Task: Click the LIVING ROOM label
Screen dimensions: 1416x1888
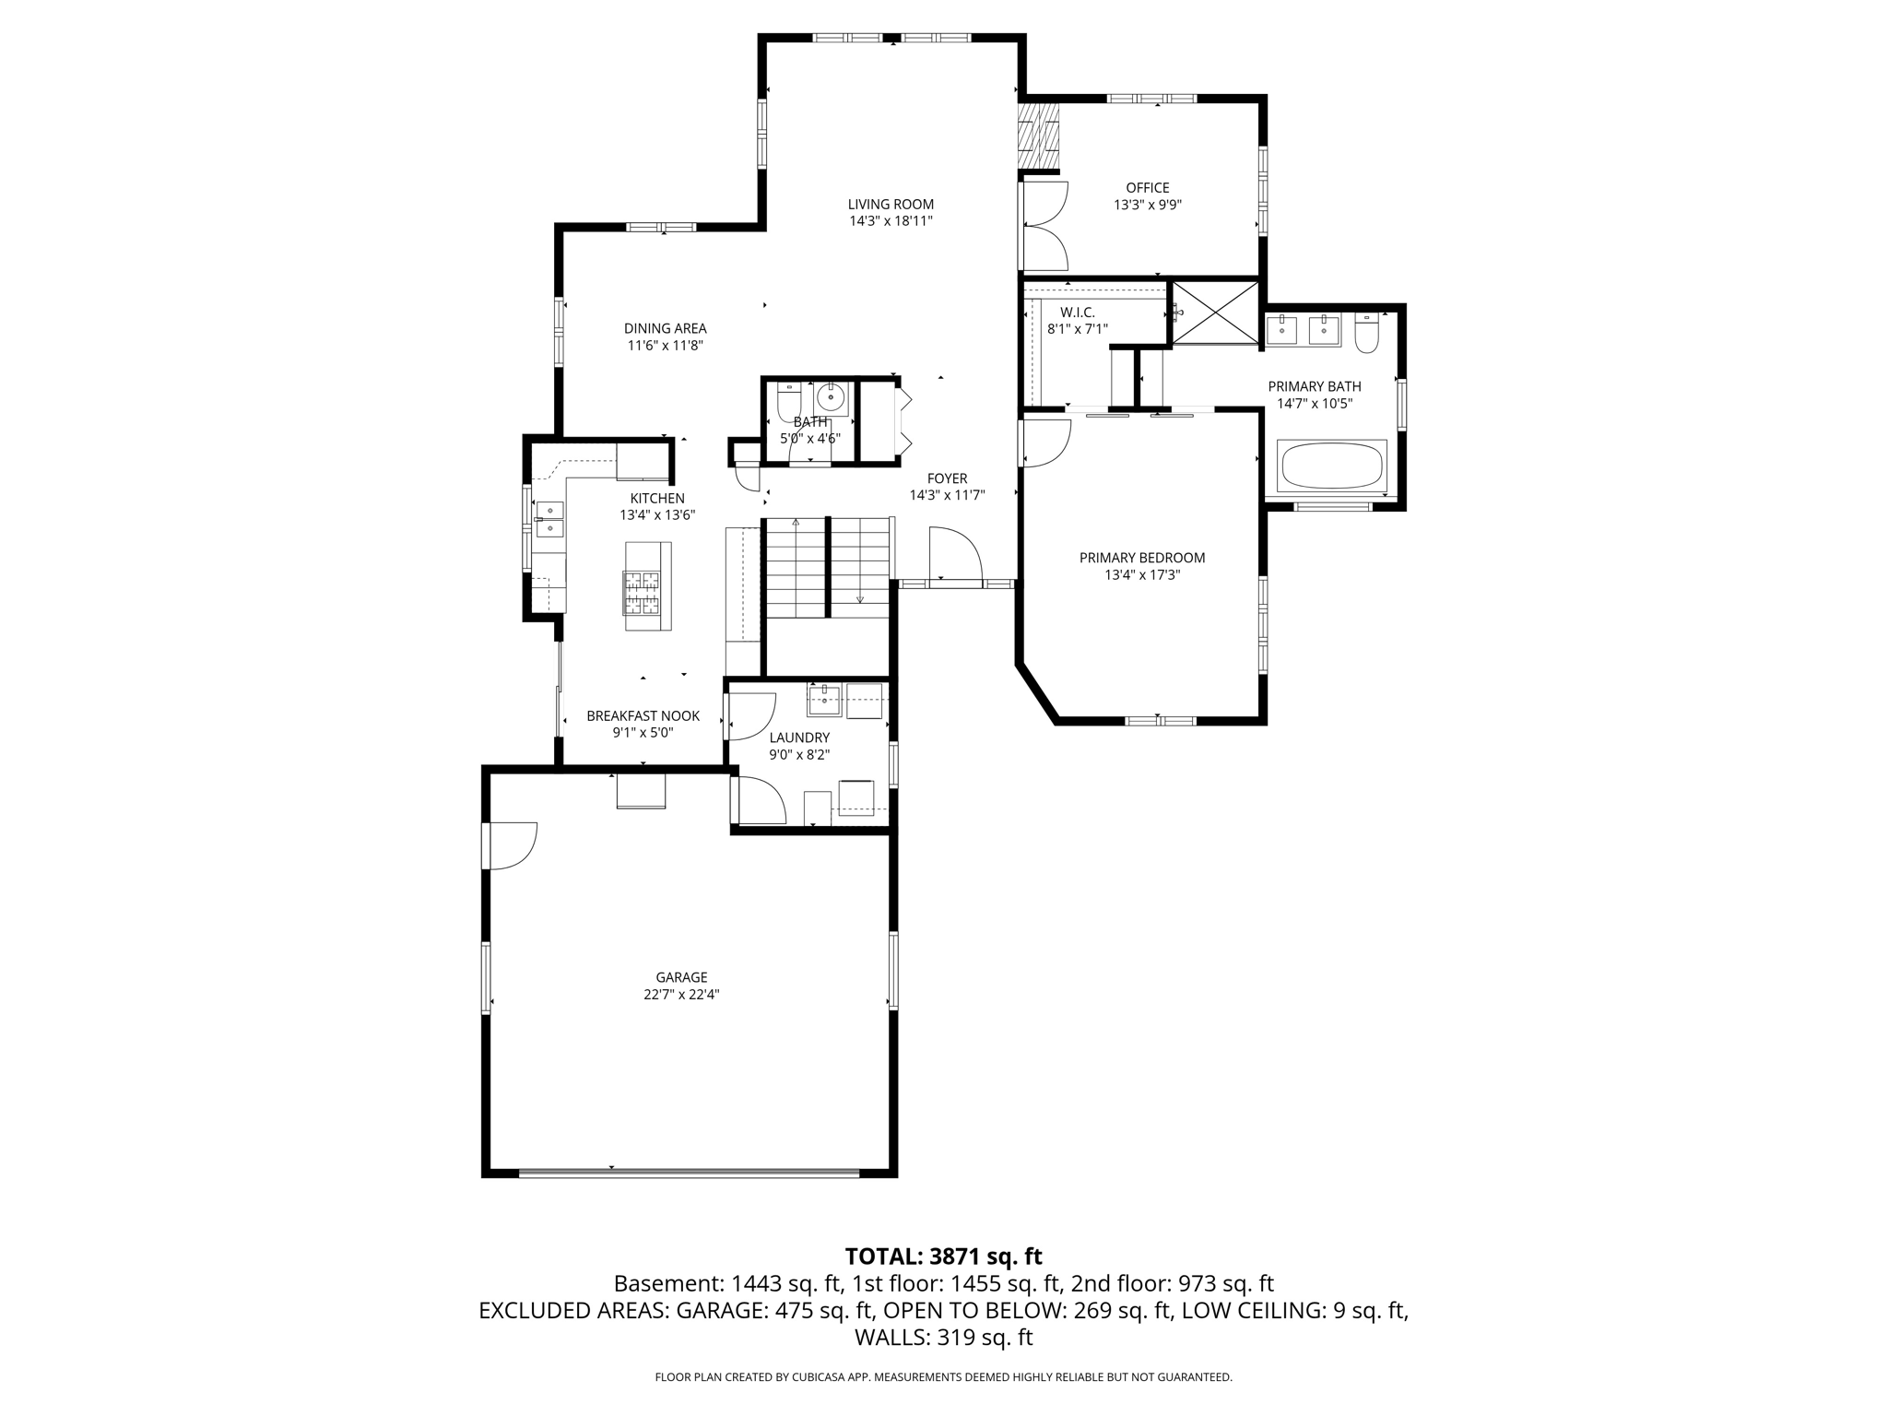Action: click(891, 205)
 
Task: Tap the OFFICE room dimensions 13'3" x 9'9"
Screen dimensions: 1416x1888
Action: click(1147, 206)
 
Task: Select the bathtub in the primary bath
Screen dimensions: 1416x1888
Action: click(1331, 467)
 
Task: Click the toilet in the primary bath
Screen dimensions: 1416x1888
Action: click(1365, 333)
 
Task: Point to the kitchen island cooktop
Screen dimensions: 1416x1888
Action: click(642, 592)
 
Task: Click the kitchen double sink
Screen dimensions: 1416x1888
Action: click(549, 518)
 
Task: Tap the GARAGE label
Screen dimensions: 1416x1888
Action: click(681, 977)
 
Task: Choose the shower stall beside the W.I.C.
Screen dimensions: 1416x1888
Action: click(1214, 313)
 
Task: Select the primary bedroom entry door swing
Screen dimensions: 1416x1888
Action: click(1045, 443)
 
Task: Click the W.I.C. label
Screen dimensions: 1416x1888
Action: click(1077, 313)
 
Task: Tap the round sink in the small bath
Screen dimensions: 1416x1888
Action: click(831, 398)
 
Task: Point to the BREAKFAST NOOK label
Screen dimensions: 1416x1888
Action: click(643, 716)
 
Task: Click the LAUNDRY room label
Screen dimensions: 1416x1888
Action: click(799, 737)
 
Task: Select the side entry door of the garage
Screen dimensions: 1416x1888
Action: click(510, 845)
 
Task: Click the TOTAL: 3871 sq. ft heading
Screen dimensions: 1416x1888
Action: click(943, 1256)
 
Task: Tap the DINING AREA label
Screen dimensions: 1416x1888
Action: click(665, 328)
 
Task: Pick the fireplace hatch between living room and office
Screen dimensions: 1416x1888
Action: click(1038, 136)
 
